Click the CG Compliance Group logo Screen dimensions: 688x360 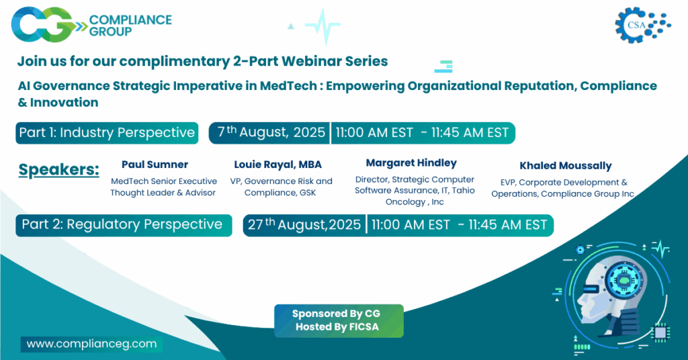pyautogui.click(x=91, y=25)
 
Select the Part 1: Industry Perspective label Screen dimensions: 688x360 pyautogui.click(x=107, y=133)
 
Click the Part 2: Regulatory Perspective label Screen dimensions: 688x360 pyautogui.click(x=124, y=225)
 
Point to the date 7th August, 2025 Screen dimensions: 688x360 pyautogui.click(x=271, y=132)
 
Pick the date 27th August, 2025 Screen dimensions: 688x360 pyautogui.click(x=304, y=224)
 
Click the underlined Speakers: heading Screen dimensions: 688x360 pyautogui.click(x=59, y=170)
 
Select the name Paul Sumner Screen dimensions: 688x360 pyautogui.click(x=155, y=165)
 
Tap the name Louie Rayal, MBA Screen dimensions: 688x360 pyautogui.click(x=277, y=165)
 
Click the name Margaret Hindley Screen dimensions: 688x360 pyautogui.click(x=411, y=163)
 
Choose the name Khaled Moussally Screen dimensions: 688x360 pyautogui.click(x=566, y=166)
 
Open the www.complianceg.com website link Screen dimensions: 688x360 pyautogui.click(x=91, y=344)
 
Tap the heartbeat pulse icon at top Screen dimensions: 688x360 pyautogui.click(x=323, y=26)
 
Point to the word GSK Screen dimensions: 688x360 pyautogui.click(x=308, y=193)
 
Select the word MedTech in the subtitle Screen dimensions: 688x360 pyautogui.click(x=288, y=85)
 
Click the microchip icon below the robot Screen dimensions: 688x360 pyautogui.click(x=660, y=332)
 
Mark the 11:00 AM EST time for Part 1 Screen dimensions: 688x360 pyautogui.click(x=374, y=132)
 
